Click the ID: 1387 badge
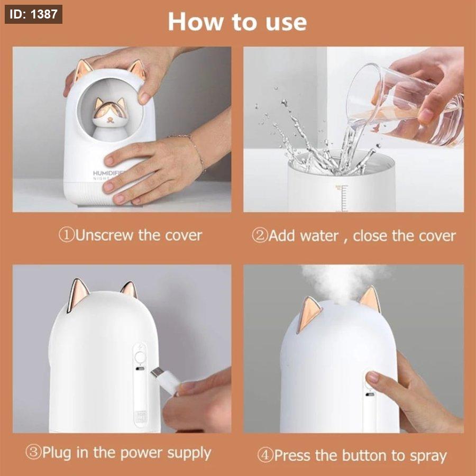pos(33,14)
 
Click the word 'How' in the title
pos(195,22)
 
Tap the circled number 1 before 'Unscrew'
pos(67,235)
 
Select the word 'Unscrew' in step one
pos(104,235)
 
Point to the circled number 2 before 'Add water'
pos(260,236)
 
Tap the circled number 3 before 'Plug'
pos(33,452)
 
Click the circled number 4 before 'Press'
pos(266,455)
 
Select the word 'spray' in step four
pos(428,456)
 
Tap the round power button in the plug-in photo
pos(140,358)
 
